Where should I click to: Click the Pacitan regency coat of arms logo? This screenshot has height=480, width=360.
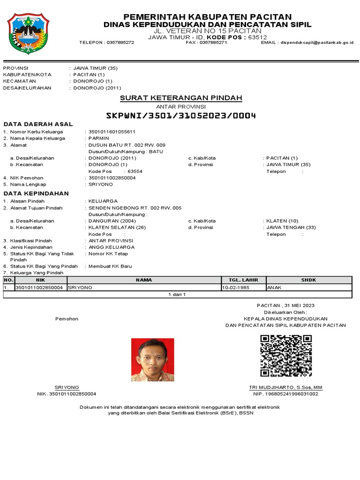(x=28, y=33)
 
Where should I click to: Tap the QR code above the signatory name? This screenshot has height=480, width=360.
(x=286, y=356)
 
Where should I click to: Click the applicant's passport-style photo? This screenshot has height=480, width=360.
(x=152, y=360)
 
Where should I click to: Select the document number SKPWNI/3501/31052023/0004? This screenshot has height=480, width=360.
(x=181, y=116)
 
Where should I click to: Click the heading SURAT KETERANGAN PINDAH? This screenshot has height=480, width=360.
(x=181, y=98)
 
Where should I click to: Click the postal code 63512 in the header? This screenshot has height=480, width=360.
(x=257, y=37)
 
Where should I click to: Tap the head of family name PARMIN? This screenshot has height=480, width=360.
(x=98, y=138)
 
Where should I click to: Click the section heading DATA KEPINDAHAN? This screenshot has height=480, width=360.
(x=36, y=194)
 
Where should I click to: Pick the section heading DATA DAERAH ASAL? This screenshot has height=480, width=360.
(x=38, y=124)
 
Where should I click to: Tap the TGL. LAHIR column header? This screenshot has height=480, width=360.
(x=243, y=280)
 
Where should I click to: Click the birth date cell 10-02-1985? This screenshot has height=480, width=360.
(x=237, y=287)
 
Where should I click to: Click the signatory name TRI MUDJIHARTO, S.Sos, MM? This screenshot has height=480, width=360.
(x=285, y=388)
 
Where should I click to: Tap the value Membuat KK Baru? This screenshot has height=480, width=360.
(x=110, y=266)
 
